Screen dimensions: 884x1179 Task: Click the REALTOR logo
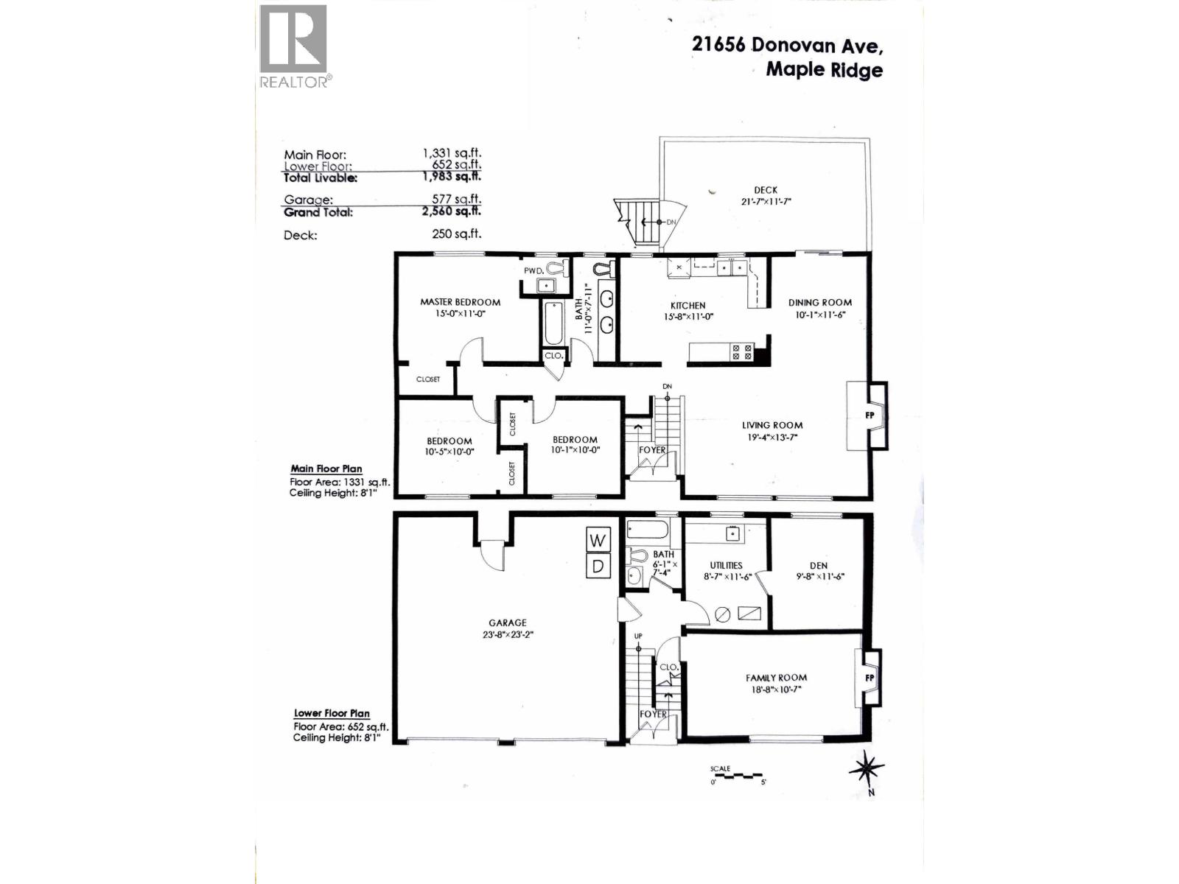[293, 46]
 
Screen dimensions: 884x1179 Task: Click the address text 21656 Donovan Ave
[786, 45]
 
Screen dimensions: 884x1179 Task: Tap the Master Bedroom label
[460, 302]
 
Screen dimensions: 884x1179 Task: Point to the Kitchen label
[688, 305]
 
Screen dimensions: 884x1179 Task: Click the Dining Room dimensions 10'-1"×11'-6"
[819, 314]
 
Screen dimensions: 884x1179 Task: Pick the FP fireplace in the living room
[870, 415]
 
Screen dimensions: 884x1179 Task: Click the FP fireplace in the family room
[870, 678]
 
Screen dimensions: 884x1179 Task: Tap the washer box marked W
[598, 540]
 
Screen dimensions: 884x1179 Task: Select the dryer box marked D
[598, 566]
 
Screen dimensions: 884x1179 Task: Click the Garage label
[507, 622]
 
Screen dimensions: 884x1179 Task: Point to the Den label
[819, 566]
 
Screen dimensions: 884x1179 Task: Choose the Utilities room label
[726, 565]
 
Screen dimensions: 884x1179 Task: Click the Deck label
[766, 190]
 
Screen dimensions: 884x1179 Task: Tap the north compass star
[867, 769]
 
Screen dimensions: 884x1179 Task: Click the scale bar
[737, 776]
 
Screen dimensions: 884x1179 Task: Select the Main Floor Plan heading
[326, 469]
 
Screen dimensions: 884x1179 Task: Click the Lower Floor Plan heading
[332, 713]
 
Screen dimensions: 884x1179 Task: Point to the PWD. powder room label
[533, 270]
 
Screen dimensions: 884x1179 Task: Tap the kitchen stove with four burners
[742, 352]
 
